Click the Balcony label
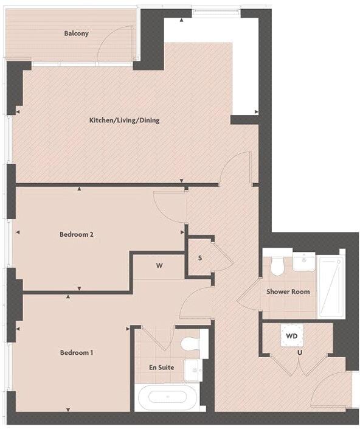[76, 33]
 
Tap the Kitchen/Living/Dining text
[124, 120]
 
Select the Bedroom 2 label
[76, 234]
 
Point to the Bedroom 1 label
[76, 352]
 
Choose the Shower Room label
[288, 291]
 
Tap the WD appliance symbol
[291, 335]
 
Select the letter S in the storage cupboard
[200, 258]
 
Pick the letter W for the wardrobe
[159, 266]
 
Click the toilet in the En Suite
[191, 343]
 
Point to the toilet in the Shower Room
[277, 265]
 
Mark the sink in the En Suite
[193, 368]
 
